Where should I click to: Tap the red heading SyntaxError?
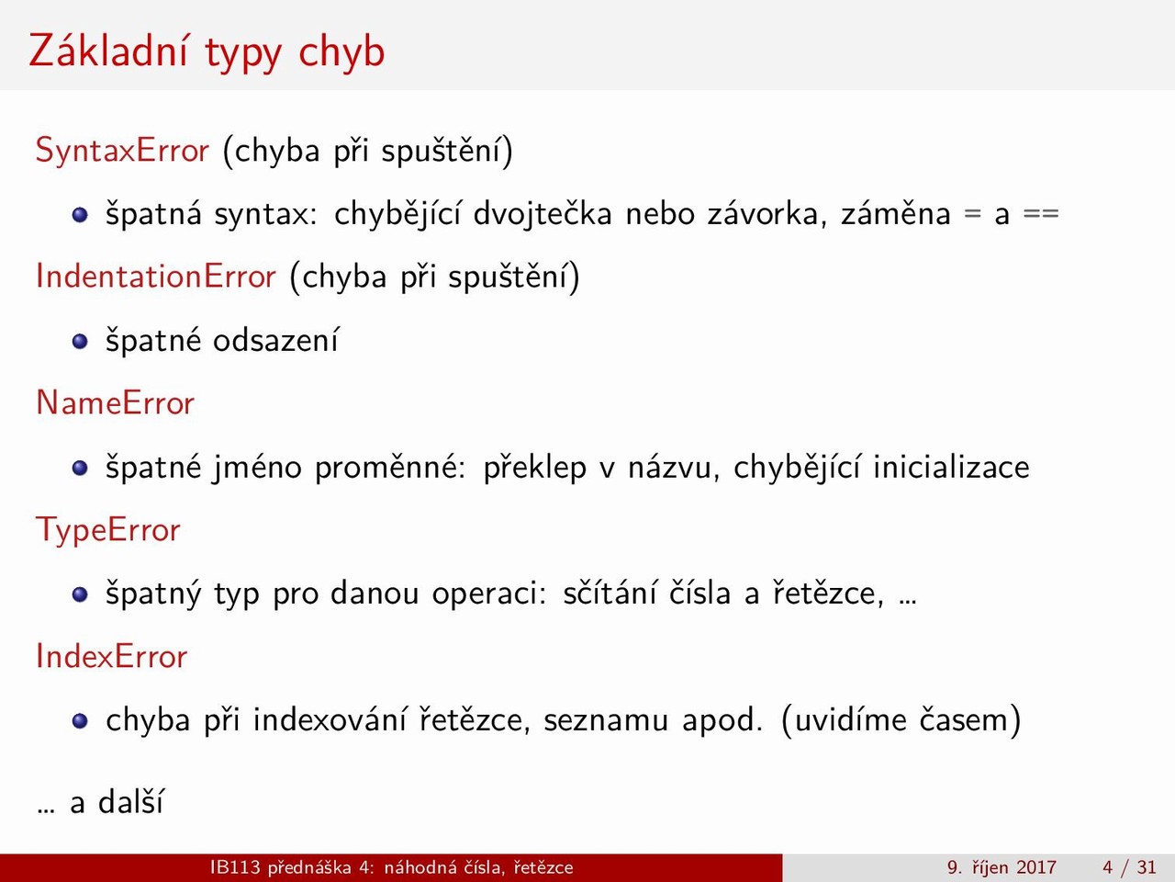(x=122, y=151)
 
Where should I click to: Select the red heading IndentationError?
(x=156, y=277)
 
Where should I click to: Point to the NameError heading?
(x=115, y=402)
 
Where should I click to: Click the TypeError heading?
(x=108, y=530)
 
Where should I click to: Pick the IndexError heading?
(x=111, y=656)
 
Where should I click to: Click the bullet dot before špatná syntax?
(x=80, y=215)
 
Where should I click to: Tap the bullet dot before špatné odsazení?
(x=80, y=342)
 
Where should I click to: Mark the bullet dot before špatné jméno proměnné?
(x=80, y=468)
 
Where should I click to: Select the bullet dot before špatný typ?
(x=80, y=594)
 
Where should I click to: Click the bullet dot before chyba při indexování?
(x=80, y=721)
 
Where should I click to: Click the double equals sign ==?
(x=1041, y=214)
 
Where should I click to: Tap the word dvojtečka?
(x=543, y=215)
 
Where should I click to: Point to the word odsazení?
(x=275, y=340)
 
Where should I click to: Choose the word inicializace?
(x=951, y=467)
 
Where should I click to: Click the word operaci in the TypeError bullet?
(x=488, y=594)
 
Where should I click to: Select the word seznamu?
(x=606, y=721)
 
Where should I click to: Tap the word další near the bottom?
(x=130, y=802)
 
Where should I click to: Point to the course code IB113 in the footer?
(x=236, y=867)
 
